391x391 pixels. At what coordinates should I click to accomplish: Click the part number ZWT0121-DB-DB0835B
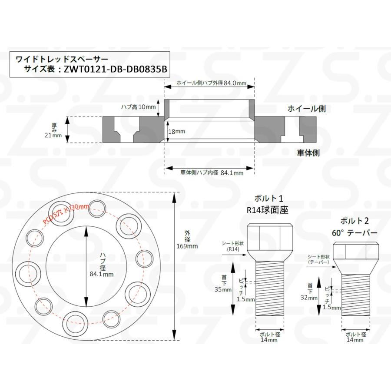(x=115, y=69)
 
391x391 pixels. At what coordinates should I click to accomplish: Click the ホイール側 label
(x=306, y=109)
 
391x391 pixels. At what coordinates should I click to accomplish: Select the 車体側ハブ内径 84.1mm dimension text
(x=212, y=172)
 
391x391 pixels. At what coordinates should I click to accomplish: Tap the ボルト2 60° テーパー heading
(x=354, y=227)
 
